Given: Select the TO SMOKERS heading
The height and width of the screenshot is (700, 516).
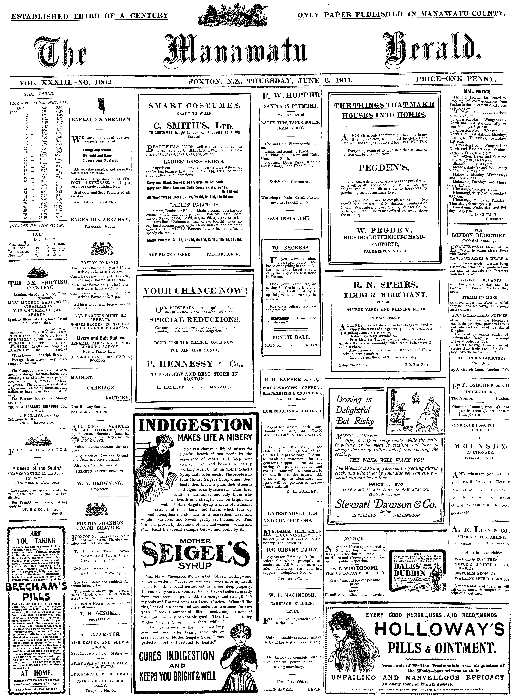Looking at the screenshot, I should point(290,248).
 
